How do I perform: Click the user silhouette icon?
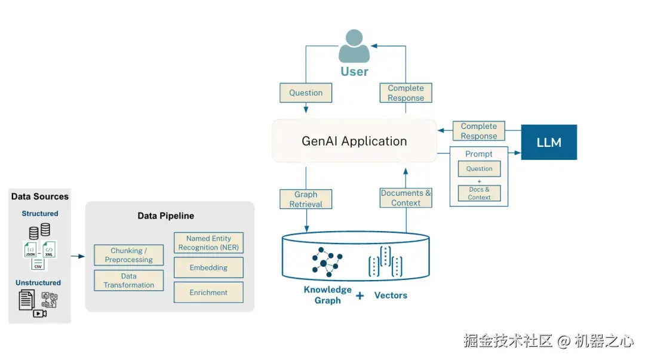354,47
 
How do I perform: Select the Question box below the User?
306,93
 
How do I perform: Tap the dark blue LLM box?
549,142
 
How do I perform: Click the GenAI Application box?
354,141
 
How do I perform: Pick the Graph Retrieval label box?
306,199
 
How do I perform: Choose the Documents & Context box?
406,198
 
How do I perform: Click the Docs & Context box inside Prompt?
479,193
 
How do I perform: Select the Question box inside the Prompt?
479,169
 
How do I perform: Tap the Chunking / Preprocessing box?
128,256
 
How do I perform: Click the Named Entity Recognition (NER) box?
208,243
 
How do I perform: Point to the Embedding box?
208,268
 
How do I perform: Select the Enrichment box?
208,293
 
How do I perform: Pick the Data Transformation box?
128,281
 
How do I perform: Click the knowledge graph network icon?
327,260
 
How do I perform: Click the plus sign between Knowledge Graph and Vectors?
360,296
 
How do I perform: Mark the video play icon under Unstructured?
39,313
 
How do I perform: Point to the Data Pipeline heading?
165,216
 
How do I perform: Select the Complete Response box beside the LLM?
479,131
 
